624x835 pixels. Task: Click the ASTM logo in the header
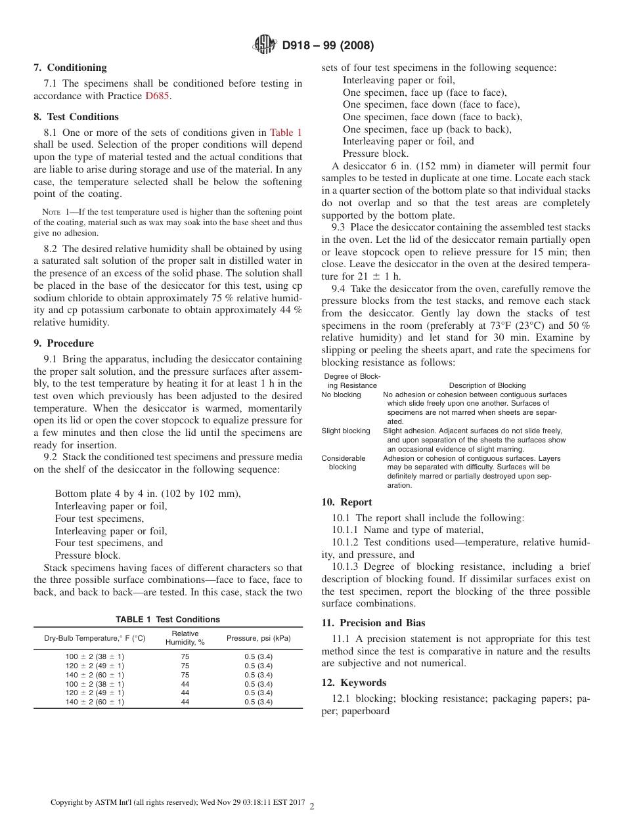tap(265, 45)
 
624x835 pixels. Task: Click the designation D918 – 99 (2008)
tap(328, 45)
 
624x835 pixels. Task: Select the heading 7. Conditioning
tap(70, 67)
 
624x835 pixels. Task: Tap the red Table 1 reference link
tap(286, 133)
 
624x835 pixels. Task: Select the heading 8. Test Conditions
tap(76, 117)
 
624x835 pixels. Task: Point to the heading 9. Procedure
tap(64, 343)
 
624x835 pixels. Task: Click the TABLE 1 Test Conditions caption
tap(168, 619)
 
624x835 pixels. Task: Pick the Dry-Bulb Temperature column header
tap(95, 638)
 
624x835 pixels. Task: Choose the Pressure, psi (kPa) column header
tap(258, 638)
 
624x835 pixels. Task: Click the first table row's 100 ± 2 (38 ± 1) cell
tap(95, 656)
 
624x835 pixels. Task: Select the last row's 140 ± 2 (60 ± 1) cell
tap(95, 702)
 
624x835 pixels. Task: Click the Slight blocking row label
tap(345, 431)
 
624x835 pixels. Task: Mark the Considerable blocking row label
tap(344, 463)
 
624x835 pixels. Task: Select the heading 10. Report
tap(347, 502)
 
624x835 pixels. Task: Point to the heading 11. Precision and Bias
tap(373, 623)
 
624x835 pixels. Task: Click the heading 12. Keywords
tap(354, 683)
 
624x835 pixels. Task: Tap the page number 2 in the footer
tap(312, 807)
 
